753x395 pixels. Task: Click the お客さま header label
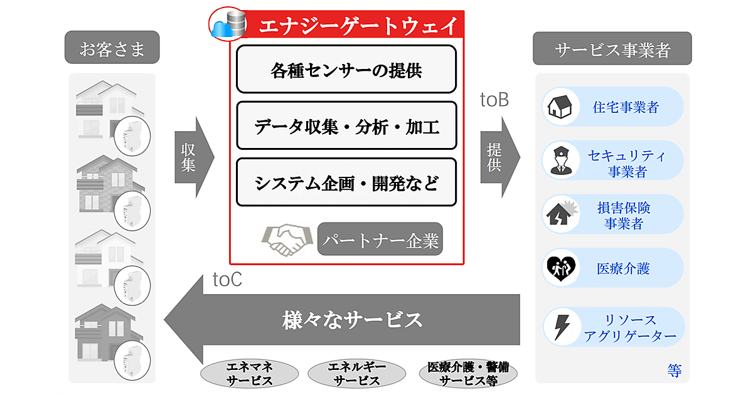(x=112, y=48)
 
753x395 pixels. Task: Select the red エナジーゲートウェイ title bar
(x=358, y=26)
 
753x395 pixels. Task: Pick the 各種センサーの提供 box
(x=346, y=69)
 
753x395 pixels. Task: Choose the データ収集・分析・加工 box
(x=346, y=126)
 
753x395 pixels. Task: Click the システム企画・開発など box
(x=346, y=182)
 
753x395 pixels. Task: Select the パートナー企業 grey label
(x=380, y=240)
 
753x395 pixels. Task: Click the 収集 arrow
(x=191, y=157)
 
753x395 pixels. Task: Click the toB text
(x=494, y=100)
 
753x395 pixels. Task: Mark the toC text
(x=227, y=280)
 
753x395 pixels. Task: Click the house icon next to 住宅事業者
(x=558, y=107)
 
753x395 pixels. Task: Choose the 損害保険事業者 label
(x=624, y=214)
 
